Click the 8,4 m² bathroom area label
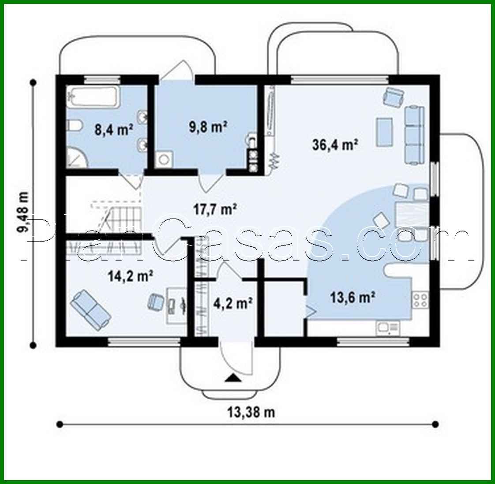[114, 130]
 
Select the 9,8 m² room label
[208, 127]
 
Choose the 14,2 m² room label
[131, 276]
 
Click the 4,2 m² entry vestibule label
[232, 303]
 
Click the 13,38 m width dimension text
[251, 412]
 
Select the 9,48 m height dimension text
[22, 216]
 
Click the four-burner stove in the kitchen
[420, 300]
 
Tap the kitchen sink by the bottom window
[387, 328]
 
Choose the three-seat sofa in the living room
[414, 134]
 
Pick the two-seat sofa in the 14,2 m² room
[90, 309]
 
